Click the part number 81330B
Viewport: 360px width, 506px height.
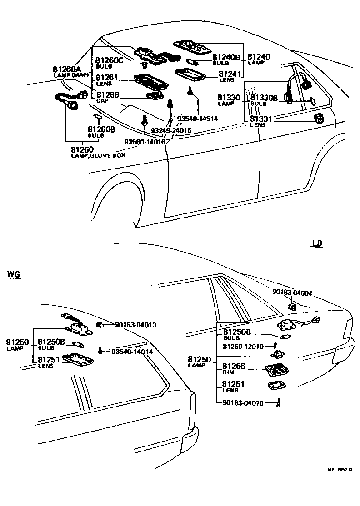pos(263,98)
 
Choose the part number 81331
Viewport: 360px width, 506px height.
pos(260,119)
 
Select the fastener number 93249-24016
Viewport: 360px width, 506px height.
pos(171,131)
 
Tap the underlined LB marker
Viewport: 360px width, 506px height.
pos(317,244)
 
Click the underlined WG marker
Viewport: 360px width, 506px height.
pos(14,274)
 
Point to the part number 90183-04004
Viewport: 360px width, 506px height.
pos(292,293)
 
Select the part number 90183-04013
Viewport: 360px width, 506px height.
pos(136,325)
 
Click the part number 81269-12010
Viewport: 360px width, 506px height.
pos(243,347)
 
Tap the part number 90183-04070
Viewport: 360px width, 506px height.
pos(243,402)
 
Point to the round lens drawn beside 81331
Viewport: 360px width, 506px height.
pos(319,119)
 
